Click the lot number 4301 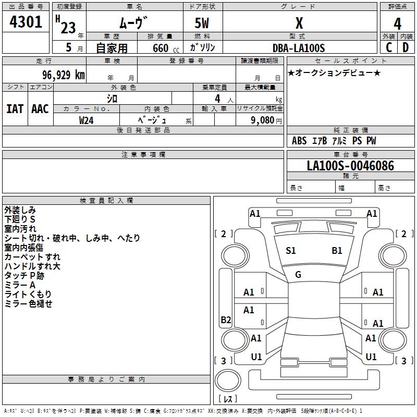point(26,22)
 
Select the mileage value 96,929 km point(64,75)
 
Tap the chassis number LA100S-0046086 point(350,166)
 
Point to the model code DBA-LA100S point(299,48)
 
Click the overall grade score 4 point(397,24)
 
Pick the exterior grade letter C point(389,47)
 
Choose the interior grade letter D point(406,47)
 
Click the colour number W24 point(87,120)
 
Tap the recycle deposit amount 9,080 point(262,120)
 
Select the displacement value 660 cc point(166,48)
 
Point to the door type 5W point(202,23)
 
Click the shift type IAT point(15,109)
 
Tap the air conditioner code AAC point(40,109)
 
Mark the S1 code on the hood point(291,251)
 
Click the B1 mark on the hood point(337,251)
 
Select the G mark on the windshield point(298,275)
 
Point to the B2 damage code point(226,320)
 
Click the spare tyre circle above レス point(228,381)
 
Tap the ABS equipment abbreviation point(299,141)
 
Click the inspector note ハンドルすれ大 point(32,266)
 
